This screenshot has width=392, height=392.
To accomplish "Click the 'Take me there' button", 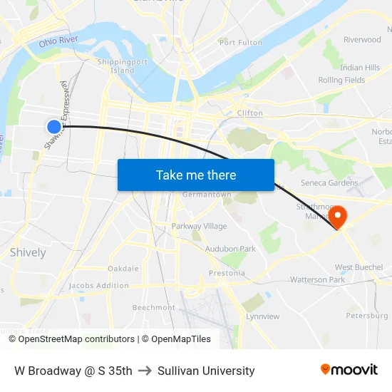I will [195, 175].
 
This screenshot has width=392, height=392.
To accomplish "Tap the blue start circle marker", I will [54, 127].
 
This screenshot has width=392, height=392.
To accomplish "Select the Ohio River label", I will [58, 42].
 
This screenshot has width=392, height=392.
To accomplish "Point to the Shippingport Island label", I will [117, 66].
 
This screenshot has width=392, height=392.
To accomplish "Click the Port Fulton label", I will [241, 43].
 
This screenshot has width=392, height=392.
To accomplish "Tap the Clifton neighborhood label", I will [249, 113].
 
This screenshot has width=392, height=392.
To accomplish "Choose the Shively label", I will [28, 252].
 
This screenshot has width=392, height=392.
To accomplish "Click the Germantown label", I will [207, 195].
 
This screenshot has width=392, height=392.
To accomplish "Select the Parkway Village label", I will [199, 226].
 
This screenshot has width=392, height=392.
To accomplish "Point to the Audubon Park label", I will [230, 249].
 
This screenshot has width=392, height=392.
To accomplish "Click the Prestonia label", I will [227, 273].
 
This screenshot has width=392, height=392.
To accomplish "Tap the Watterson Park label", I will [317, 280].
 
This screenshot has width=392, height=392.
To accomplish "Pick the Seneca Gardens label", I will [329, 182].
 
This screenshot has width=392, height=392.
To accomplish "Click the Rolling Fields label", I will [341, 80].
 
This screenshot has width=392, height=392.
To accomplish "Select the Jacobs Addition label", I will [99, 286].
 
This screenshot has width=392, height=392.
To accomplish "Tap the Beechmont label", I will [153, 307].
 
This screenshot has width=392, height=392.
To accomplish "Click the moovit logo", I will [349, 370].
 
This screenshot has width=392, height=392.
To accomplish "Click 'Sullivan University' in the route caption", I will [206, 371].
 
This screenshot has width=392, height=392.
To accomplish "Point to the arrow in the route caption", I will [145, 371].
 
